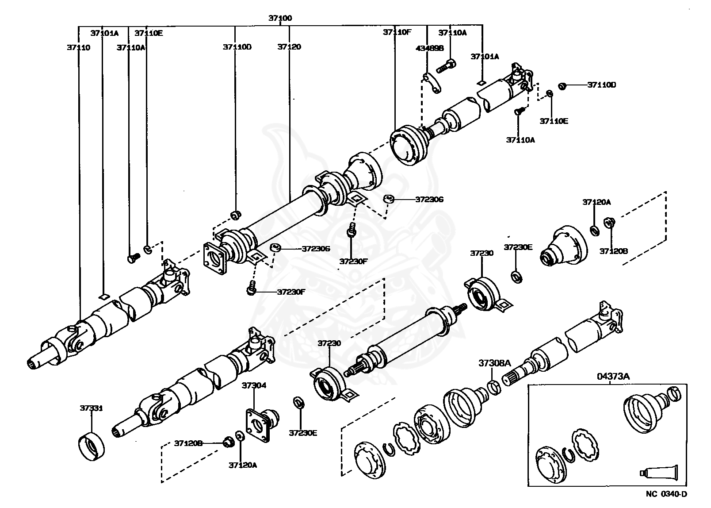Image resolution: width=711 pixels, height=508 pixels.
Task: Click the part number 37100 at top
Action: pos(280,18)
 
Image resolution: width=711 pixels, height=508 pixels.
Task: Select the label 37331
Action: pos(92,408)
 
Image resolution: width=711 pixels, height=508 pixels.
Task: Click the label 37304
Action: pos(254,385)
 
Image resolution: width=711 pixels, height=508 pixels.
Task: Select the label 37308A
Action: pos(494,363)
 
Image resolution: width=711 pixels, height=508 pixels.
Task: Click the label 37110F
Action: pos(397,32)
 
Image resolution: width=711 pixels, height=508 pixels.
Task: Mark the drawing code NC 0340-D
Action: pos(666,494)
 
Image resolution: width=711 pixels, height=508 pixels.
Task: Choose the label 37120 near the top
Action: pos(289,46)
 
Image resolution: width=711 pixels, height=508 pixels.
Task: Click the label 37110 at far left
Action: pos(79,47)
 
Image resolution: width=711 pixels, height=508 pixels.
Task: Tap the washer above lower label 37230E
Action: pos(299,403)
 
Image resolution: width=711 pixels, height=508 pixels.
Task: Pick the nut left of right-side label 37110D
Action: pos(562,85)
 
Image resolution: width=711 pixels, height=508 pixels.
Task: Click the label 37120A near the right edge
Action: pos(596,202)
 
